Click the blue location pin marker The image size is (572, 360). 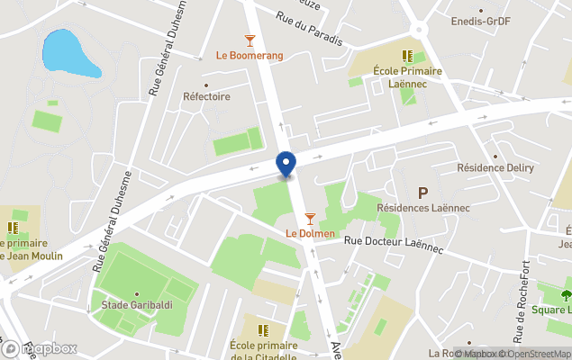[x=286, y=163]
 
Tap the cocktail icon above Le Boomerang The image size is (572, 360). [x=250, y=40]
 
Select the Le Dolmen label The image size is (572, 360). [x=310, y=234]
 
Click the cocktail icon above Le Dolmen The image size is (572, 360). [x=311, y=219]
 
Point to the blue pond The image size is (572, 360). [x=68, y=54]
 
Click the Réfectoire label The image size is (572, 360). [x=206, y=96]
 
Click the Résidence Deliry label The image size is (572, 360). [x=495, y=168]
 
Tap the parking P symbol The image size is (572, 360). [x=422, y=192]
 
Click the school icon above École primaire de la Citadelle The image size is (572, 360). [x=263, y=330]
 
